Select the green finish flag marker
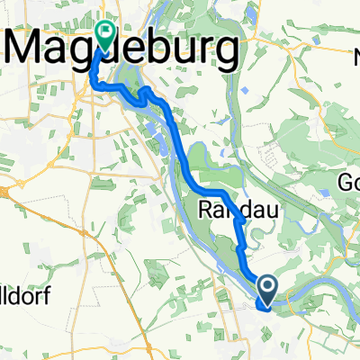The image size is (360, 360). (106, 35)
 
